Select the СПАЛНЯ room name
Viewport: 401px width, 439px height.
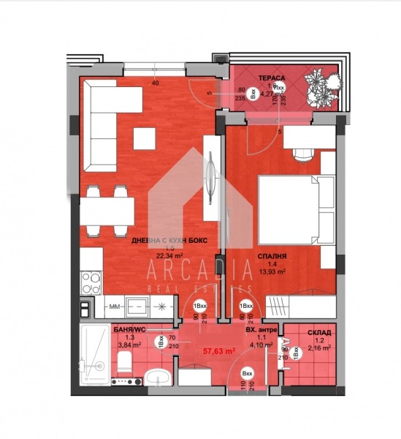[270, 257]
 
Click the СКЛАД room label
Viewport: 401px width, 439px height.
[319, 332]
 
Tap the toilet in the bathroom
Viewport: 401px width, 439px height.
[125, 360]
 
